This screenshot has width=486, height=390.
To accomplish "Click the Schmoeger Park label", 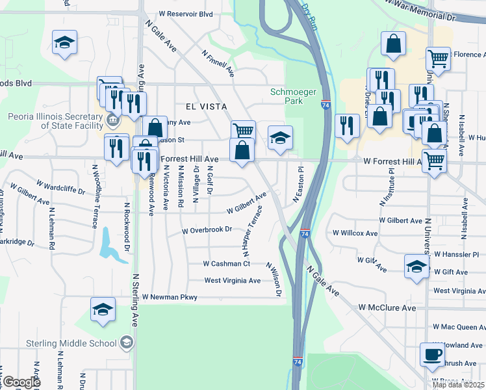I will [287, 96].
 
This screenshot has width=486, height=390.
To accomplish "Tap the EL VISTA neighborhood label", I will [206, 106].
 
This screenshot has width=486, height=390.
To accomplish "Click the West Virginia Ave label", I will [232, 281].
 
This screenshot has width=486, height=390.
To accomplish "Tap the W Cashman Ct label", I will [226, 264].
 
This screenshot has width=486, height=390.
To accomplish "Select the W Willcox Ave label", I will [354, 233].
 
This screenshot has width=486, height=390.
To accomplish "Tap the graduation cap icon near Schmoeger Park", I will [281, 138].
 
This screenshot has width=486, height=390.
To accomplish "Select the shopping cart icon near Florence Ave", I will [439, 58].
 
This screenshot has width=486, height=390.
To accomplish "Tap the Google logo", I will [21, 382].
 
